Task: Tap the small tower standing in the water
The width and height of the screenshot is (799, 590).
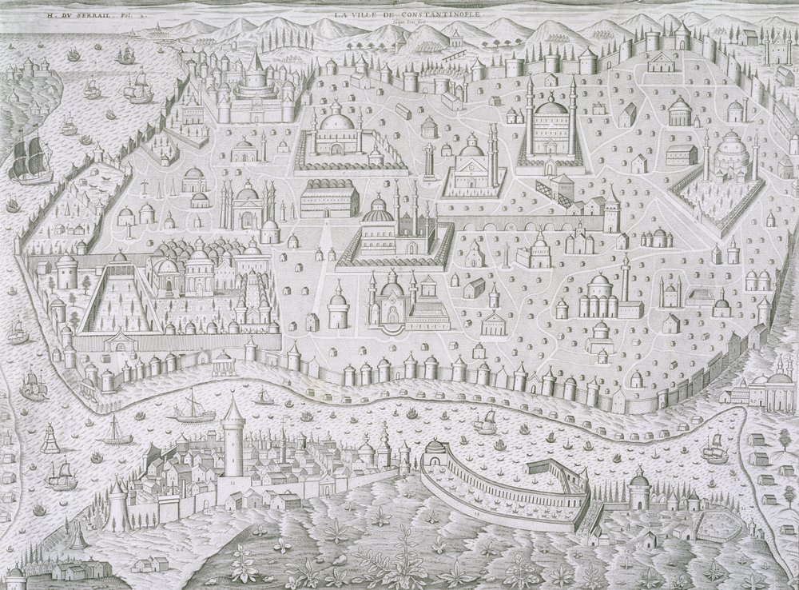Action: coord(50,438)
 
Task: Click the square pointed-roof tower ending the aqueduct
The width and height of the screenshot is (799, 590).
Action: coord(612,209)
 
